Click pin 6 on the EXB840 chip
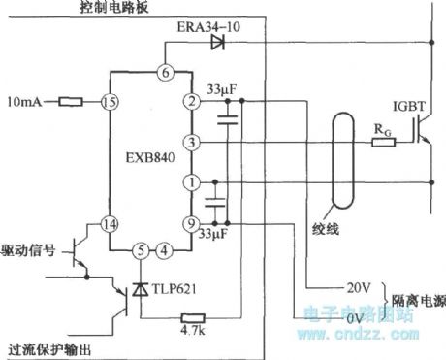pos(165,73)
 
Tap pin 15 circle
pos(111,101)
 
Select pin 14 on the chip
pos(111,222)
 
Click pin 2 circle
pos(192,101)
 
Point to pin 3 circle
pos(192,143)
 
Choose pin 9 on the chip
pos(192,222)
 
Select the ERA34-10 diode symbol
pos(216,42)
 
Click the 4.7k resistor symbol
pos(193,317)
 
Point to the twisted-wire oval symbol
pos(339,159)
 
